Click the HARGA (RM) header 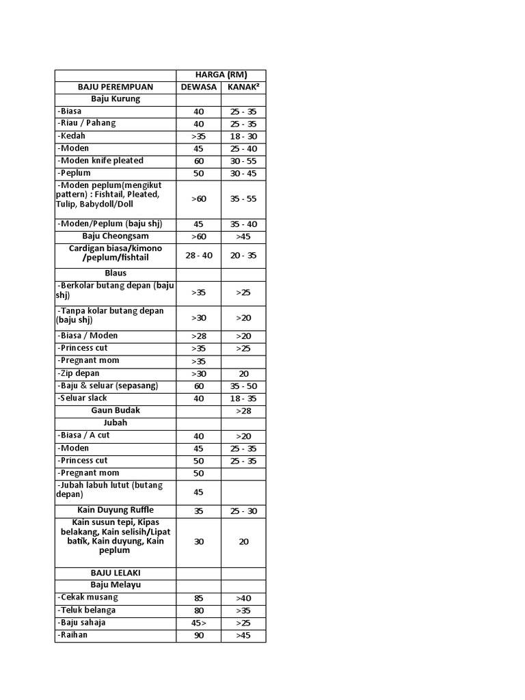tap(221, 75)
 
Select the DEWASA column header tap(198, 87)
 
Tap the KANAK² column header tap(243, 87)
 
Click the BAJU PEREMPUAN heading tap(115, 87)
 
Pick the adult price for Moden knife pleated tap(198, 161)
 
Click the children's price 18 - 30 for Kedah tap(243, 137)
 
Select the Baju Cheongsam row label tap(115, 236)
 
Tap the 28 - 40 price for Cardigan tap(198, 255)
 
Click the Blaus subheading tap(115, 273)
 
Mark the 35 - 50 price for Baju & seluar tap(243, 386)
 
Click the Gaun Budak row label tap(115, 410)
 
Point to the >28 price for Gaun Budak tap(243, 411)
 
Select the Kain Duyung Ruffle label tap(115, 510)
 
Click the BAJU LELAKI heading tap(115, 572)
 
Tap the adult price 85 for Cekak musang tap(198, 598)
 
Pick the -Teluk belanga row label tap(87, 610)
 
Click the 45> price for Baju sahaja tap(198, 623)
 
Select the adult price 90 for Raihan tap(198, 635)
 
